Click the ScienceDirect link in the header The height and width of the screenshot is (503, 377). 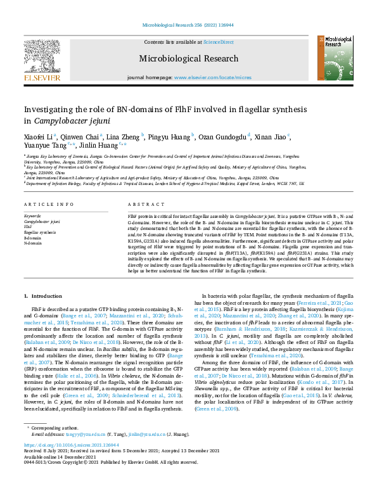(218, 42)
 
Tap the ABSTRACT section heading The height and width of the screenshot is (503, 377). (141, 205)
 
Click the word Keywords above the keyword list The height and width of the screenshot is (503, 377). (32, 216)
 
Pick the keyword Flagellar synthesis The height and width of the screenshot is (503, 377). (39, 232)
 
